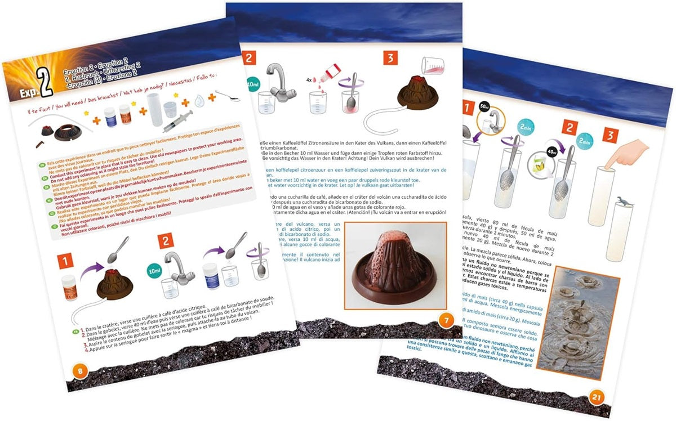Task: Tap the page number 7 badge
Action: [444, 321]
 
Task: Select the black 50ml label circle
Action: [483, 106]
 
